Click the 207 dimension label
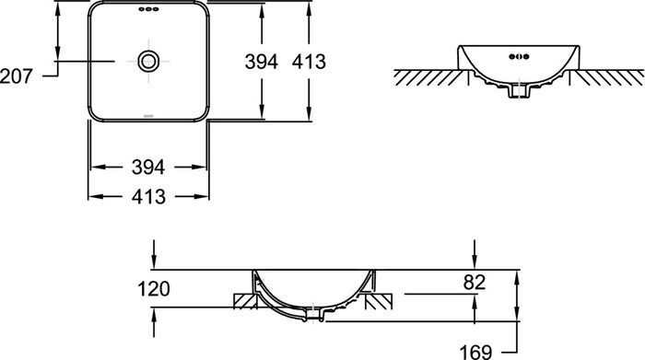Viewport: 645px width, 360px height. (x=16, y=76)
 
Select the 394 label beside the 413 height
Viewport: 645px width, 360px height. (x=261, y=62)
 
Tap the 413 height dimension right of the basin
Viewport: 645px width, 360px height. (x=309, y=62)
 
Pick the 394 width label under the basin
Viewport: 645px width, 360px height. (x=148, y=168)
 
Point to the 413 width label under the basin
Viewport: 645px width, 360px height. (x=148, y=197)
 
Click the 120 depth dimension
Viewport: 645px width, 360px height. (x=154, y=289)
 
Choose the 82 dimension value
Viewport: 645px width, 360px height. (x=475, y=283)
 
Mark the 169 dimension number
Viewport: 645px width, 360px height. (x=475, y=353)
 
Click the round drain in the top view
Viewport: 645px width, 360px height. (x=148, y=61)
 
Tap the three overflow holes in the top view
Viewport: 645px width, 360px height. (x=148, y=9)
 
